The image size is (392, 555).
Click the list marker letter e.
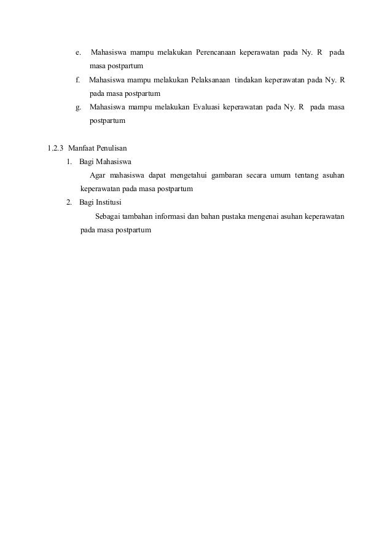point(78,53)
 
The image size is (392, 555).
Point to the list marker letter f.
point(77,81)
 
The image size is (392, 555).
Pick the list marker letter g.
point(78,108)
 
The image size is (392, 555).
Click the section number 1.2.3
point(57,148)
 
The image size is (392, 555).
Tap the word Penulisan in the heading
point(112,148)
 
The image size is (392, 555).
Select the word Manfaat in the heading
point(82,148)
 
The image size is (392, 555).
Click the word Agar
point(97,176)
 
